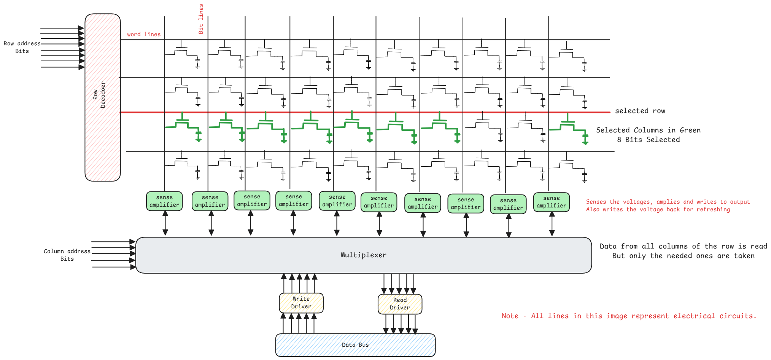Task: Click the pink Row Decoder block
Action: (103, 97)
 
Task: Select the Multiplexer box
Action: (363, 255)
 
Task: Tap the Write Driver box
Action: (301, 303)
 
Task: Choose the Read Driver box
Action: (400, 304)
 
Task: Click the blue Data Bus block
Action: (355, 345)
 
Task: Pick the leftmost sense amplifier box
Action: (164, 201)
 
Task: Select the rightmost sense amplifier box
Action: (552, 202)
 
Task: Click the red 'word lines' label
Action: (144, 34)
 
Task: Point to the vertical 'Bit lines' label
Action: (201, 19)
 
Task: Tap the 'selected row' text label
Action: (640, 111)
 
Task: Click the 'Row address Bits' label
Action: (22, 47)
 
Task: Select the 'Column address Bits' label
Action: (67, 255)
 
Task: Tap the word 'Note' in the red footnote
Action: (510, 316)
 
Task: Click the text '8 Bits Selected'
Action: (648, 140)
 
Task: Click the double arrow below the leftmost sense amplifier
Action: (165, 223)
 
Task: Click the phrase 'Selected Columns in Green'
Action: (648, 130)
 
